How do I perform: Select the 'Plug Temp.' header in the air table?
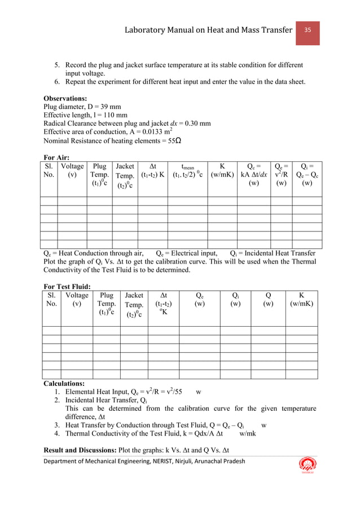99,175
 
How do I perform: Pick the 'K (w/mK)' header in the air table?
222,170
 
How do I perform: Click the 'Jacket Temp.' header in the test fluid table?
134,304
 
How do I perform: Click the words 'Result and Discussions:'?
85,449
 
